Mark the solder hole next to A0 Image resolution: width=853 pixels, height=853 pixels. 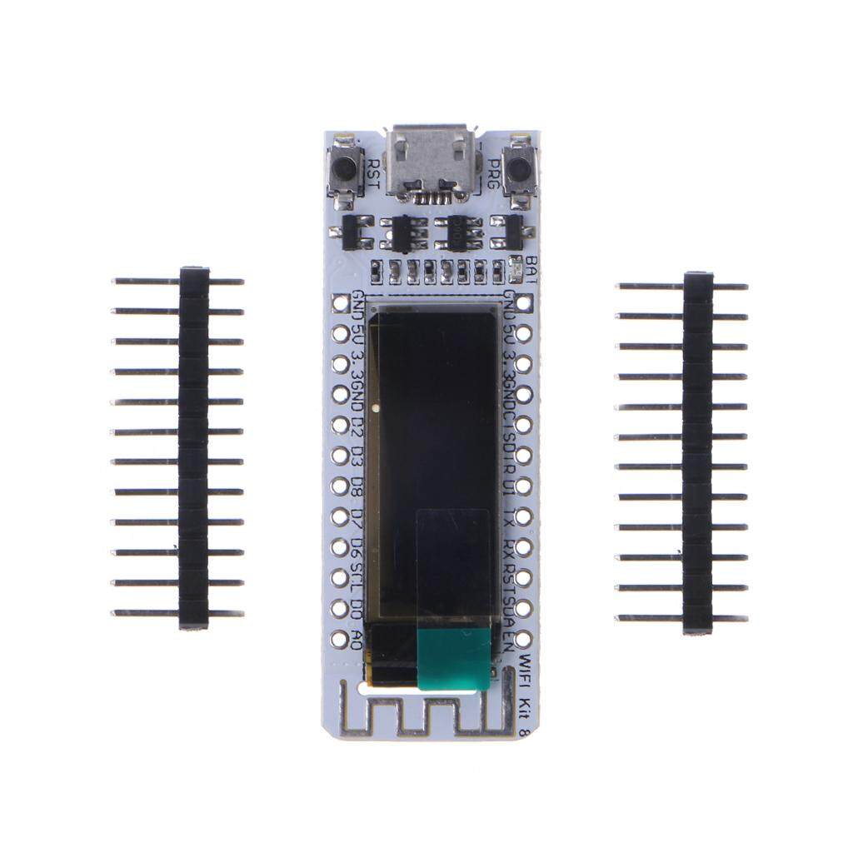point(340,638)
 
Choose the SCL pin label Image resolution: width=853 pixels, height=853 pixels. point(357,575)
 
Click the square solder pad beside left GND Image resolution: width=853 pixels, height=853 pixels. point(340,303)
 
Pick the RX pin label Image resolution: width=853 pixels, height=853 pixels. point(508,546)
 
